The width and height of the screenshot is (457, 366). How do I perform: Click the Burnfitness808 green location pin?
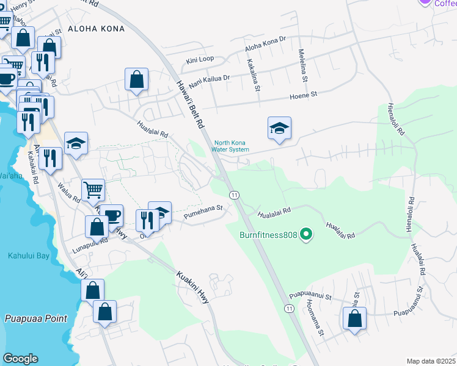(x=307, y=234)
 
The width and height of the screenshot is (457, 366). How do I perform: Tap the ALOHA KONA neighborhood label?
(x=96, y=29)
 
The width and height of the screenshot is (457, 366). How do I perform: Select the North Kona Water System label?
(x=231, y=146)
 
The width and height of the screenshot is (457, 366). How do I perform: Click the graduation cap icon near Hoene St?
(x=279, y=129)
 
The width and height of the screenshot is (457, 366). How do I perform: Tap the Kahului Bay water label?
(x=28, y=256)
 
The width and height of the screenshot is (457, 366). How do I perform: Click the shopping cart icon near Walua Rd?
(x=93, y=190)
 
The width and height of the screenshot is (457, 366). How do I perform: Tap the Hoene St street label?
(x=304, y=95)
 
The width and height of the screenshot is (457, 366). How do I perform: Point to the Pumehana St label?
(x=202, y=209)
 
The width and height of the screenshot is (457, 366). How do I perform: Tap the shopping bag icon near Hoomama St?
(x=354, y=319)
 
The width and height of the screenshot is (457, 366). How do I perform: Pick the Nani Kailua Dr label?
(x=209, y=79)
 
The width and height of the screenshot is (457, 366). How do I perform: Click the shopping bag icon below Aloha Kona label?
(x=136, y=79)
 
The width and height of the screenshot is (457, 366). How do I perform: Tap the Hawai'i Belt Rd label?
(x=190, y=104)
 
